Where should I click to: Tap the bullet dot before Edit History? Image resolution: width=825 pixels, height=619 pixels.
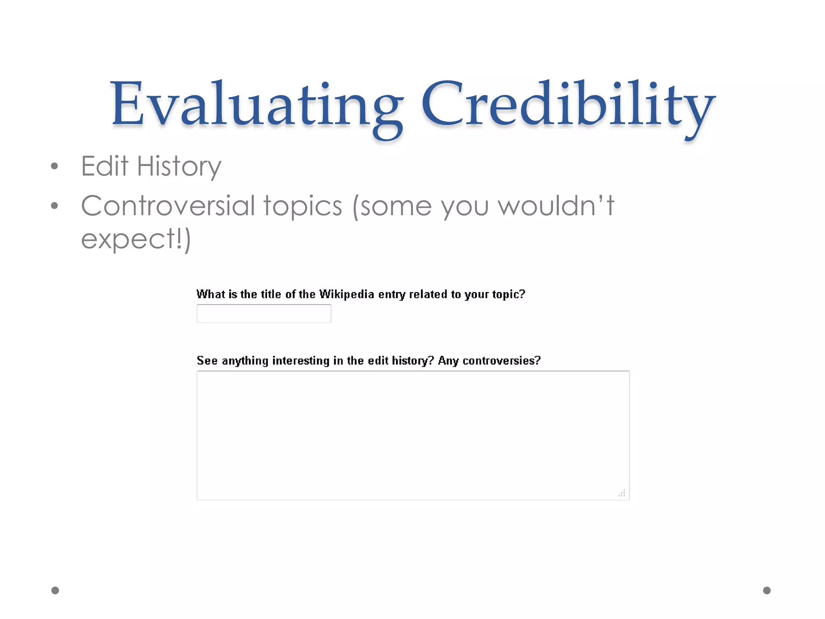coord(55,166)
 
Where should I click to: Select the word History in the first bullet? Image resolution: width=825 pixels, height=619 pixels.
coord(179,166)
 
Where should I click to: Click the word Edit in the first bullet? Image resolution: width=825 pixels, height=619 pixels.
coord(104,166)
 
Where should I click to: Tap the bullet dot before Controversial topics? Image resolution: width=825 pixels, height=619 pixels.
coord(55,206)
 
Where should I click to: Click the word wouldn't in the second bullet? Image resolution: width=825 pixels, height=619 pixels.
coord(556,206)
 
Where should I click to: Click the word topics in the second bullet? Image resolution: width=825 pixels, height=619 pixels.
coord(303,206)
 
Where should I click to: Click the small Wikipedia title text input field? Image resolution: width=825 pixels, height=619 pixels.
coord(264,314)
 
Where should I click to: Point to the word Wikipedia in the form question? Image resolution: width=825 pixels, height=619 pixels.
coord(346,294)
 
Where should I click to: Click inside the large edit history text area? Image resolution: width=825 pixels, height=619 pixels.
coord(413,435)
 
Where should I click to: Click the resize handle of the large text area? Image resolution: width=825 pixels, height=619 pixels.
coord(622,493)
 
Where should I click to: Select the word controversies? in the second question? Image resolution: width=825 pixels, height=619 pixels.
coord(501,360)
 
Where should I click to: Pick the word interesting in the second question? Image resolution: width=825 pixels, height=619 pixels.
coord(301,360)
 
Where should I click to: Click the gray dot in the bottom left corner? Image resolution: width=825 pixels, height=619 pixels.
coord(55,590)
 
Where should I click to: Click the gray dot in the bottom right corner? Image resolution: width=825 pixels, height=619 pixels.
coord(767,590)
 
